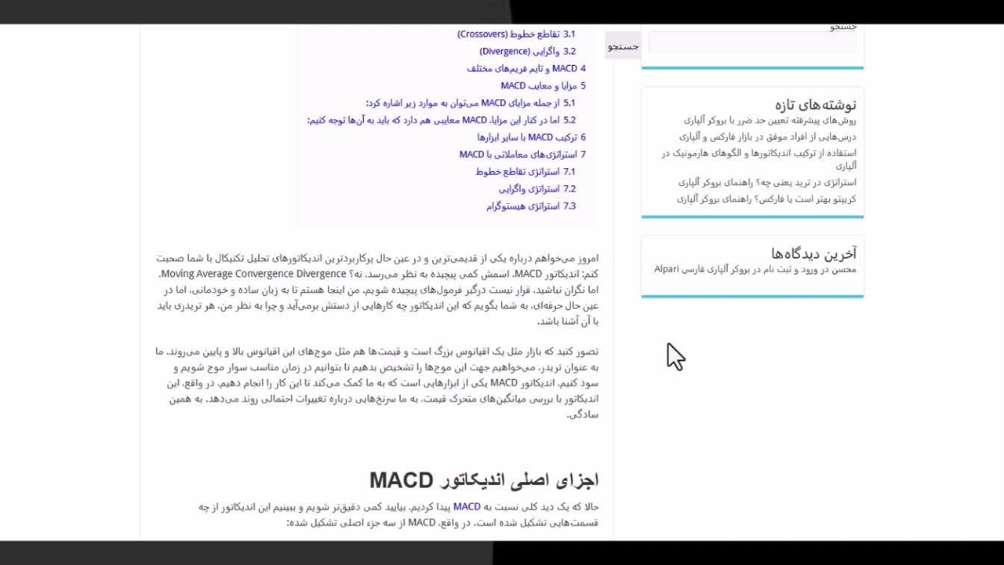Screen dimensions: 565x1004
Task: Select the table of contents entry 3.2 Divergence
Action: [x=527, y=52]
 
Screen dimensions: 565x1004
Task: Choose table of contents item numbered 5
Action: [x=543, y=86]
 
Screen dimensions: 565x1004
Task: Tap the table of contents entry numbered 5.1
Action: [x=470, y=104]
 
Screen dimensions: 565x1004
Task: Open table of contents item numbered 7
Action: [x=522, y=155]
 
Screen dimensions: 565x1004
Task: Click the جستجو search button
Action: [x=623, y=47]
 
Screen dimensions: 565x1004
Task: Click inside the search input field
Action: [x=752, y=45]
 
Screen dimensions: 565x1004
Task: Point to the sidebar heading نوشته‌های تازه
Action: [x=815, y=104]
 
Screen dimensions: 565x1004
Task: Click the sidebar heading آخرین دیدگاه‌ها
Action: [x=813, y=253]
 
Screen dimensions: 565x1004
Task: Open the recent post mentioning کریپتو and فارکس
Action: [x=766, y=199]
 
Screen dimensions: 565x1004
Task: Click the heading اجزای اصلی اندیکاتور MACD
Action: [x=483, y=480]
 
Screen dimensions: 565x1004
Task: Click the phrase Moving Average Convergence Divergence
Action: [x=253, y=274]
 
